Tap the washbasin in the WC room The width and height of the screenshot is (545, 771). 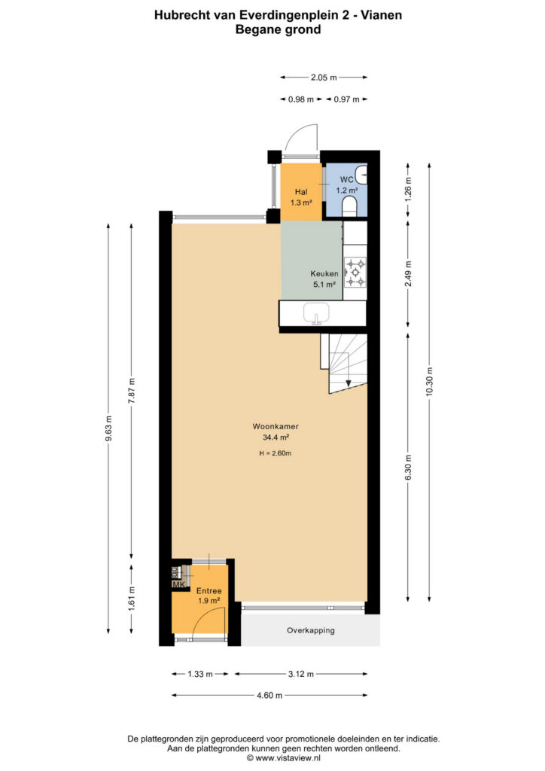coord(361,174)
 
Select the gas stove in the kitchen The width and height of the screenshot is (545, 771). coord(355,273)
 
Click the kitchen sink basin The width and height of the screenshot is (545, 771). coord(316,313)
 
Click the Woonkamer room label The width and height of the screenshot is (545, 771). coord(276,426)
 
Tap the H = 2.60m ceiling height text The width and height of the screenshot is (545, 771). coord(276,453)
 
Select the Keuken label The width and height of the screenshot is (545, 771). coord(324,273)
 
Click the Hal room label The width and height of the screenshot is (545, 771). coord(301,192)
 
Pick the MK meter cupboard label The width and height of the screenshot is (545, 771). coord(178,584)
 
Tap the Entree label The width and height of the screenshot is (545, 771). coord(209,590)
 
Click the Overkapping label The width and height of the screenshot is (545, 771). coord(311,630)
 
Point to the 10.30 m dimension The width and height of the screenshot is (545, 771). coord(430,382)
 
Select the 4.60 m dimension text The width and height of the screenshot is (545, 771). coord(269,695)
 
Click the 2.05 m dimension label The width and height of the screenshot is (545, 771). coord(324,78)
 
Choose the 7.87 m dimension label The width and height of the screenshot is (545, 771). coord(131,391)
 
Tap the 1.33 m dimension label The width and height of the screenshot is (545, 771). coord(200,674)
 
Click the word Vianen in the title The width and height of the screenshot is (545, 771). coord(382,15)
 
